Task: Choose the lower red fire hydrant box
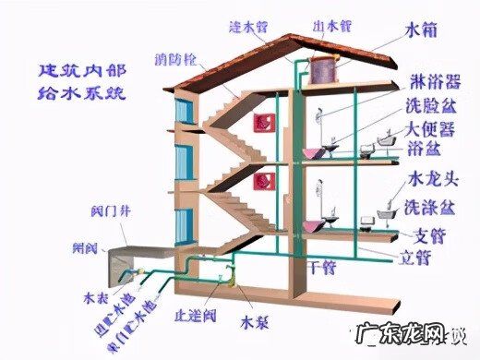click(261, 182)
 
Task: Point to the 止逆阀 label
click(198, 317)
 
